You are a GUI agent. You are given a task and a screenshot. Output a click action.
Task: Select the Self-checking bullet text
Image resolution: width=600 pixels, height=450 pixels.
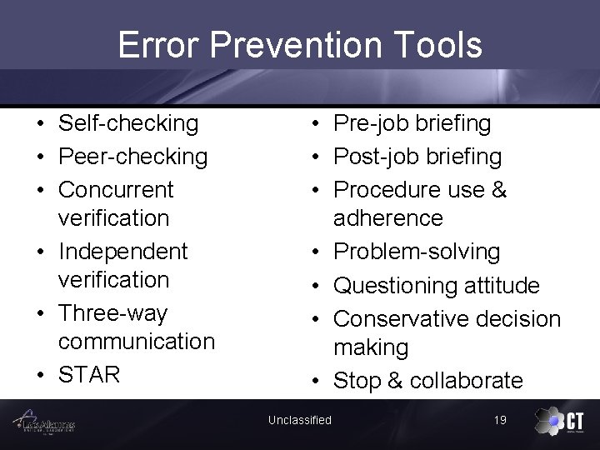coord(128,123)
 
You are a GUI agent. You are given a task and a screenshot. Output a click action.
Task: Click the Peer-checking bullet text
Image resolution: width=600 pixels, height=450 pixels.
coord(132,157)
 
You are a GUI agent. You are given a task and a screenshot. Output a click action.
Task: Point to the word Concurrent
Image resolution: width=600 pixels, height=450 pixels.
coord(116,189)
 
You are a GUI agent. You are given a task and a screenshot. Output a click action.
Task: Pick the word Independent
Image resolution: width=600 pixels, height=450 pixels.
coord(123,251)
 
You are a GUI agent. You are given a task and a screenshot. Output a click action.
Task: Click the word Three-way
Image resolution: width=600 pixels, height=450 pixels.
coord(112,313)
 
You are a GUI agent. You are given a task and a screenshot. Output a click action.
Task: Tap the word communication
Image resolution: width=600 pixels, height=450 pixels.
coord(137,342)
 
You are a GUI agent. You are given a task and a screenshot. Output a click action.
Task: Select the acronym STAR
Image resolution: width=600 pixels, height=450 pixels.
coord(89,374)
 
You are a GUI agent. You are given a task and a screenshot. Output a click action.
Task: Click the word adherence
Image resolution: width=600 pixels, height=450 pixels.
coord(388,218)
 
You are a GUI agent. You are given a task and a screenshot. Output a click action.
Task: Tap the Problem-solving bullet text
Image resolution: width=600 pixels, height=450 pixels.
coord(417,252)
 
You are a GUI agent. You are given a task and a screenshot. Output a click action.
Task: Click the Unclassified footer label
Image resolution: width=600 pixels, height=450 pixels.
coord(299,420)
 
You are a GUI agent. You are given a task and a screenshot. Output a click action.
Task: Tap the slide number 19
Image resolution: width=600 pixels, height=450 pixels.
coord(500,420)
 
